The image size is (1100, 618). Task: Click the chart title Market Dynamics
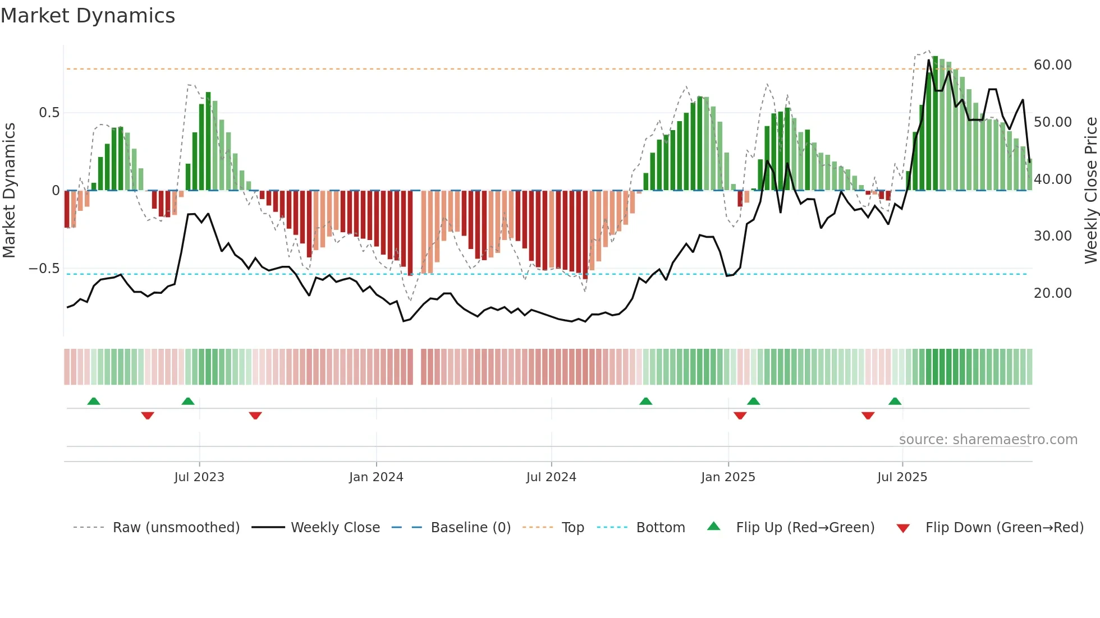click(x=88, y=16)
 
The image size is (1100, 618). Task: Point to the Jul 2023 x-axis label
click(x=199, y=477)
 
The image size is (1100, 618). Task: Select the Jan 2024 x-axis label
click(x=376, y=477)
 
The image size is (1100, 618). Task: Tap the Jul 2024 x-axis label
click(x=551, y=477)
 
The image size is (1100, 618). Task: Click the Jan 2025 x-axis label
click(x=728, y=477)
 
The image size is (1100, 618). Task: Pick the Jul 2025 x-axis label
click(x=902, y=477)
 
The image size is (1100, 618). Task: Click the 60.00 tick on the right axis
click(x=1052, y=65)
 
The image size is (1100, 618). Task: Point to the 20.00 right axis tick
click(x=1052, y=293)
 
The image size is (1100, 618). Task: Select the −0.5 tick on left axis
click(x=44, y=269)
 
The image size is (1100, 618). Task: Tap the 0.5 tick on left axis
click(x=49, y=113)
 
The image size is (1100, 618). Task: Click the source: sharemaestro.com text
click(x=988, y=440)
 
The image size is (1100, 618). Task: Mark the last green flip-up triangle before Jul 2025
click(x=895, y=402)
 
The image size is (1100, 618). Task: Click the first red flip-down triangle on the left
click(x=148, y=416)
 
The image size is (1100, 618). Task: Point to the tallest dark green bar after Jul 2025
click(x=935, y=123)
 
